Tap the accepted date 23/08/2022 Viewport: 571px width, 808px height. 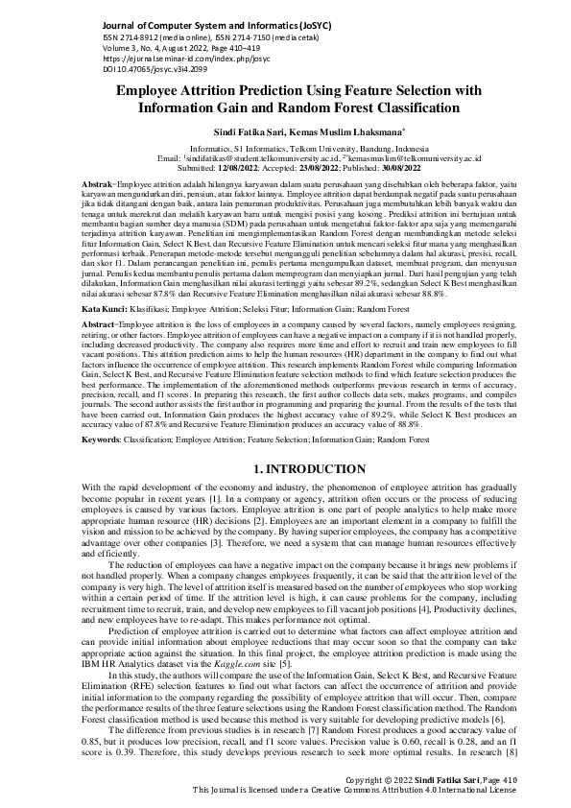point(341,168)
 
